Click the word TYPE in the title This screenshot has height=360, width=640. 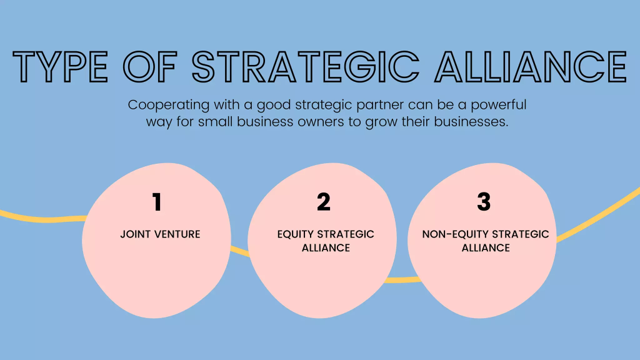point(61,66)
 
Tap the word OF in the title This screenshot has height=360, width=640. point(150,66)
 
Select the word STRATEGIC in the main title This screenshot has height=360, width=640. point(306,66)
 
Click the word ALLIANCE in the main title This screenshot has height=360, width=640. point(531,66)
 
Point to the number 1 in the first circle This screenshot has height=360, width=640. point(157,202)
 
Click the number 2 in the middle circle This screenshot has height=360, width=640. point(324,202)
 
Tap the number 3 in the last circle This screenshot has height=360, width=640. point(484,202)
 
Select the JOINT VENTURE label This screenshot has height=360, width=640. point(160,234)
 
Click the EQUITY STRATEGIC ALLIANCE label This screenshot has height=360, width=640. point(326,241)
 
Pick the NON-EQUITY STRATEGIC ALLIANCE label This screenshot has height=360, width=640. point(486,241)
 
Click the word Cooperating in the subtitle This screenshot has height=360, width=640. point(169,105)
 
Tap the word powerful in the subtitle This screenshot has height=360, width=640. point(498,105)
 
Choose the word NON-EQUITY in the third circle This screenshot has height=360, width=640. point(455,234)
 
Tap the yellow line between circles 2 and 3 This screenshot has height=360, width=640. point(402,280)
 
